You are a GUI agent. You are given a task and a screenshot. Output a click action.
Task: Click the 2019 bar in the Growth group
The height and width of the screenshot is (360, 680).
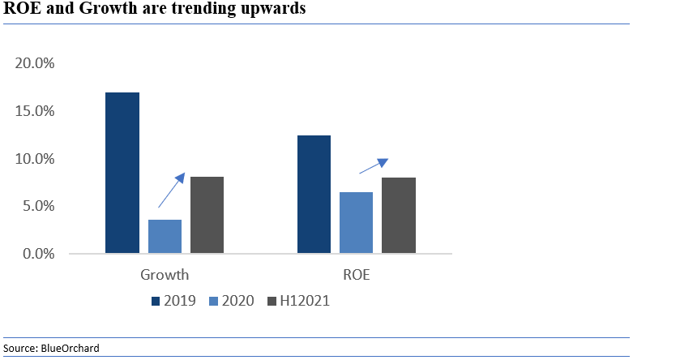coord(122,173)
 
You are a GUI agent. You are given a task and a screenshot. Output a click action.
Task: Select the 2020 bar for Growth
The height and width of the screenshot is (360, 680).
coord(165,237)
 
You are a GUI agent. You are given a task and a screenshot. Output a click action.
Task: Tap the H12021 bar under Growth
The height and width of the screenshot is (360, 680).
coord(207,215)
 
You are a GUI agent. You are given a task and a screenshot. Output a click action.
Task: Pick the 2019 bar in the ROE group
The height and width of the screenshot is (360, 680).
coord(314,195)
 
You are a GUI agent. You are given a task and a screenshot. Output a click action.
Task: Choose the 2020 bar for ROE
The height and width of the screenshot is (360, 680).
coord(356,223)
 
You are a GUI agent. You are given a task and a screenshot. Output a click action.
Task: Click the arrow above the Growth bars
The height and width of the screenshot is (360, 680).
coord(172,191)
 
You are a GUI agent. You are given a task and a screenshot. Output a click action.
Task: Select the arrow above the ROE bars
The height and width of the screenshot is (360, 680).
coord(374,165)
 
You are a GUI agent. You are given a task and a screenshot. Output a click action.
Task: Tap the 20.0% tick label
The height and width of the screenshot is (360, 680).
coord(35,64)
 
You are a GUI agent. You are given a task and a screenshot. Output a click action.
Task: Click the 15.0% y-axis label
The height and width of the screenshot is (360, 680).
coord(35,111)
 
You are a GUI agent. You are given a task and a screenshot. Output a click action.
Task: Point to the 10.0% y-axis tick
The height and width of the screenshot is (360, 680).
coord(35,159)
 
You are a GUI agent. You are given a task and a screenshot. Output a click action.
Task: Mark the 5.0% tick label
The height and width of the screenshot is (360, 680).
coord(38,206)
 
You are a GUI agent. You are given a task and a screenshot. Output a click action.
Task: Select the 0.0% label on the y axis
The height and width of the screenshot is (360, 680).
coord(38,254)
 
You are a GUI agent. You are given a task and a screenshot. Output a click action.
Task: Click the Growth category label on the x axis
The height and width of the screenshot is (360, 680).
coord(165,275)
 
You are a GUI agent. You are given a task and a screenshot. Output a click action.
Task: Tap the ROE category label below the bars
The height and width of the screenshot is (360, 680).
coord(357,275)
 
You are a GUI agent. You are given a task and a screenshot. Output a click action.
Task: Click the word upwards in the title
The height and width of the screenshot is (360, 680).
coord(271,11)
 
